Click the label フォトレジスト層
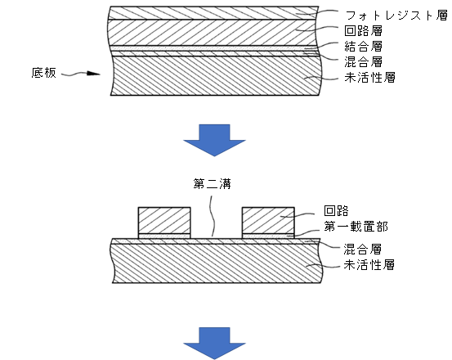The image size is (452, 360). (396, 16)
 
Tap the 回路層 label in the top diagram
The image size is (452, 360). (364, 31)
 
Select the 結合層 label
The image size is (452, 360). (364, 47)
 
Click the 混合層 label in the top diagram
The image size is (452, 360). (364, 62)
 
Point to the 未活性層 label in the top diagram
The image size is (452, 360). (369, 78)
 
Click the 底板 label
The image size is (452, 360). (43, 73)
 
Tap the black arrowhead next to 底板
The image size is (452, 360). (93, 74)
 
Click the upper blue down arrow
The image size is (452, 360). (214, 141)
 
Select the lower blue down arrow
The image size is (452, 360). (214, 344)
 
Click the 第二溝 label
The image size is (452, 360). (213, 184)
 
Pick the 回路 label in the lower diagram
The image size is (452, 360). (336, 211)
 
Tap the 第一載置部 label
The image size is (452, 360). (356, 227)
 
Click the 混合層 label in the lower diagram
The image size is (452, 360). (363, 249)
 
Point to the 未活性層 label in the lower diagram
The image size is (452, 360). (369, 264)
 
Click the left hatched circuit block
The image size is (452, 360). (164, 220)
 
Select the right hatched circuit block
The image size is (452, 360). (268, 220)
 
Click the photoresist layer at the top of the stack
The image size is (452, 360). (213, 13)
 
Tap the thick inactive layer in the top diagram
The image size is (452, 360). (216, 75)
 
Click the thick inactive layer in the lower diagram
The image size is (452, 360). (217, 263)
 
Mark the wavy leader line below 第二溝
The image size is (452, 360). (213, 216)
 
